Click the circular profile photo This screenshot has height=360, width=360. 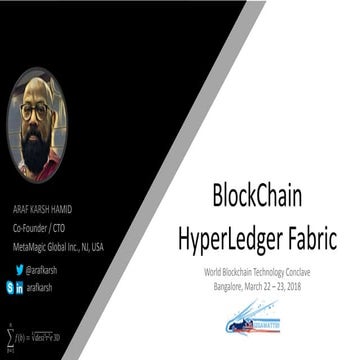[x=37, y=124]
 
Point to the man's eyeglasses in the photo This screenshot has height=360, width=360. [x=35, y=112]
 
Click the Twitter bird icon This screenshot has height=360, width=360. [x=19, y=270]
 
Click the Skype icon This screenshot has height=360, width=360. [x=9, y=287]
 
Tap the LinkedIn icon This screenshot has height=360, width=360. [x=20, y=287]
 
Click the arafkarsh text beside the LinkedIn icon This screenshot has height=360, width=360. [x=39, y=287]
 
